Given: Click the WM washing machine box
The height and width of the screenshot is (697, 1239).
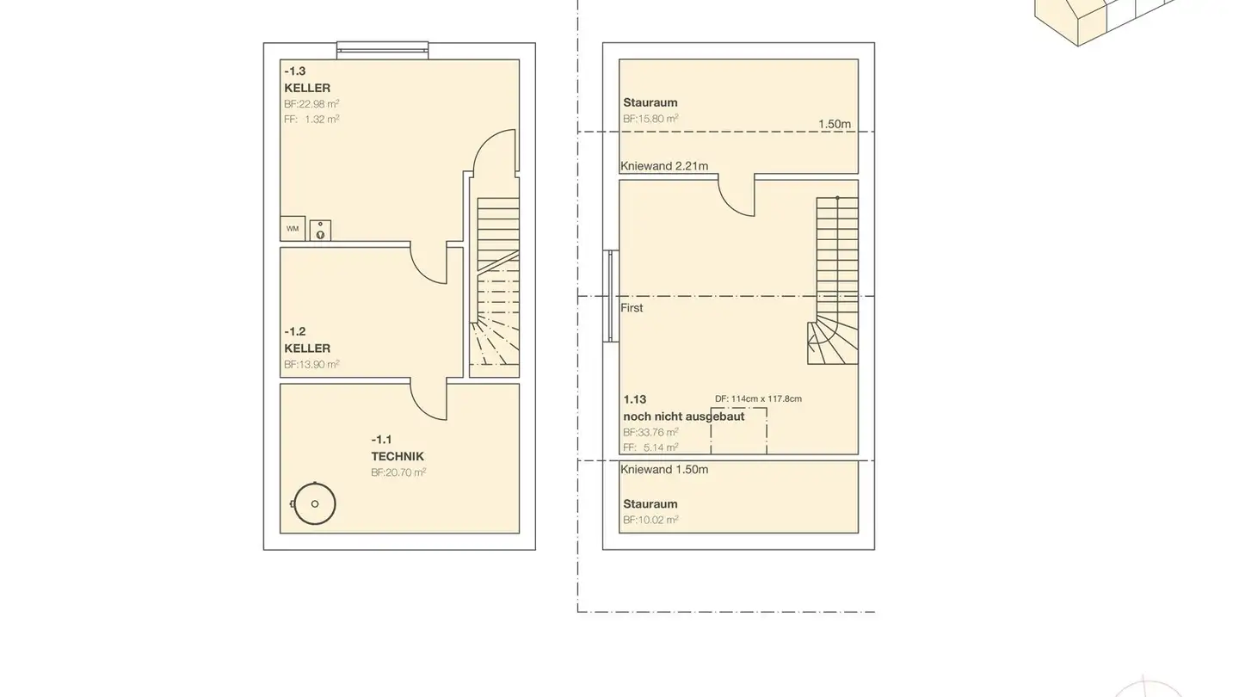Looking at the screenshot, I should [293, 229].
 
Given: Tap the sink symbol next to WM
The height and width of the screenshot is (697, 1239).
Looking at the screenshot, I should [320, 230].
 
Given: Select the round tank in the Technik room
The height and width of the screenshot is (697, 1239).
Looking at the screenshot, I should [314, 504].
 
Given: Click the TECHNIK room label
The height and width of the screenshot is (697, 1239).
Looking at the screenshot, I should [398, 457].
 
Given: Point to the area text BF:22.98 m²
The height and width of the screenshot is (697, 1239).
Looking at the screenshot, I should [311, 104].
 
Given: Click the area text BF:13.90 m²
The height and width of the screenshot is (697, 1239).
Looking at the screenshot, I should [311, 365].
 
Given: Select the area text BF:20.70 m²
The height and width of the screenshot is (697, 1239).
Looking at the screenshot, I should [398, 472].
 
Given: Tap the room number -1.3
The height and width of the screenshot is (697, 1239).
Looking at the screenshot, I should [295, 71].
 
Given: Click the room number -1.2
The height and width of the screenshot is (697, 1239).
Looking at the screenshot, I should [295, 331].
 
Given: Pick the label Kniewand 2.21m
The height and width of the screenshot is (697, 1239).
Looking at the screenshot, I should [664, 166].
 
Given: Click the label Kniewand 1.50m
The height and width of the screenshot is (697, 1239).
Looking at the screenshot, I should [664, 470].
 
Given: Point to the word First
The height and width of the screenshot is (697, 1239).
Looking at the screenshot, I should [632, 308].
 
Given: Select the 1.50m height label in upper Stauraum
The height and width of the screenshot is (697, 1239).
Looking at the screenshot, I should [834, 124].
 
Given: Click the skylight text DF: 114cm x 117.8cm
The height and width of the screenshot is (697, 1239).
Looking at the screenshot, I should [758, 399].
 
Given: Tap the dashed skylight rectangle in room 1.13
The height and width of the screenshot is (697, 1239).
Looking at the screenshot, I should [738, 431].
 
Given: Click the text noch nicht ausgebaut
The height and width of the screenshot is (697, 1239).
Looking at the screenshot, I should [684, 416].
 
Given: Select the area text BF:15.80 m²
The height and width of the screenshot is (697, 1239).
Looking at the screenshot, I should [650, 119].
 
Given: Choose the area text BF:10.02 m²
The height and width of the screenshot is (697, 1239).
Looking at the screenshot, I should [650, 520].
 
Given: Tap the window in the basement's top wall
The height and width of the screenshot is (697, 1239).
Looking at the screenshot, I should [382, 50].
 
